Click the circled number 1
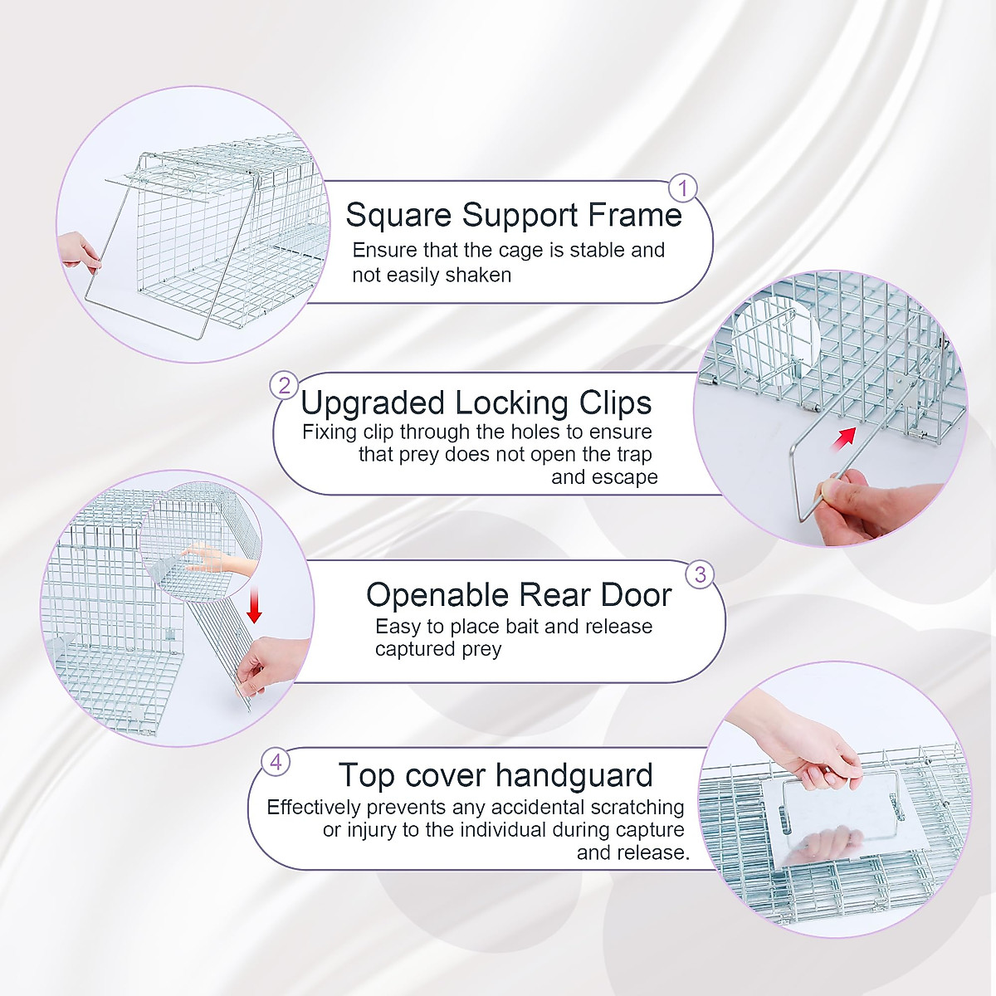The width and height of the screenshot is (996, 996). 683,189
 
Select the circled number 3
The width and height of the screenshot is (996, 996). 701,574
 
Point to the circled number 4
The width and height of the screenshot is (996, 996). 276,761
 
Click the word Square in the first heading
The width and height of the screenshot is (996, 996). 399,215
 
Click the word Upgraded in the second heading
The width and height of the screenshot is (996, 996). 373,403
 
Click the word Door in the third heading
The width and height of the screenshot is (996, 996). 637,595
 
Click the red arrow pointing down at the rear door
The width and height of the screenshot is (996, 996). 254,610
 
